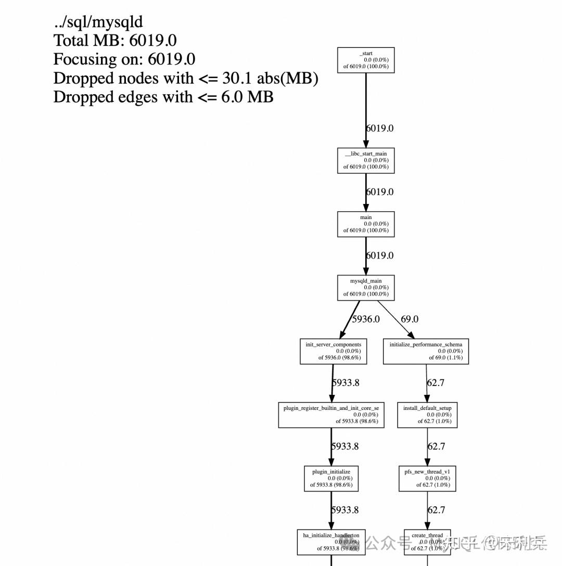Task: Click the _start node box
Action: (366, 60)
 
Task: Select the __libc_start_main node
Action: (366, 160)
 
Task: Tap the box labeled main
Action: (366, 224)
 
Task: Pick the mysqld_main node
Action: (366, 287)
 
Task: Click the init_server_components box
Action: (333, 351)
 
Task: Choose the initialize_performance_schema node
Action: (426, 351)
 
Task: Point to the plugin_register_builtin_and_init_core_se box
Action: (331, 415)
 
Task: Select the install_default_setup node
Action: (427, 415)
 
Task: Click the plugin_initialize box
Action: (331, 478)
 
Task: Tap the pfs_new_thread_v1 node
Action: (427, 478)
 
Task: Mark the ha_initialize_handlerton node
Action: (331, 542)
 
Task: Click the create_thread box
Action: (427, 542)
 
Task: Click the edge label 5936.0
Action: (366, 319)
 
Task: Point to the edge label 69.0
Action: (410, 319)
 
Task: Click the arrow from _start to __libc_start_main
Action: (366, 109)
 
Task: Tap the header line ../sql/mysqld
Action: (98, 22)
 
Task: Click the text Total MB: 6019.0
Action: (115, 41)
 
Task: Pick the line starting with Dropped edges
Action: (163, 97)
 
